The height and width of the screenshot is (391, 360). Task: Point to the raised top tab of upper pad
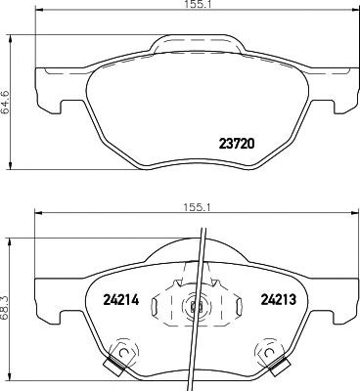(196, 44)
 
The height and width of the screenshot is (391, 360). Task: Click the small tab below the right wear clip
(277, 369)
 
